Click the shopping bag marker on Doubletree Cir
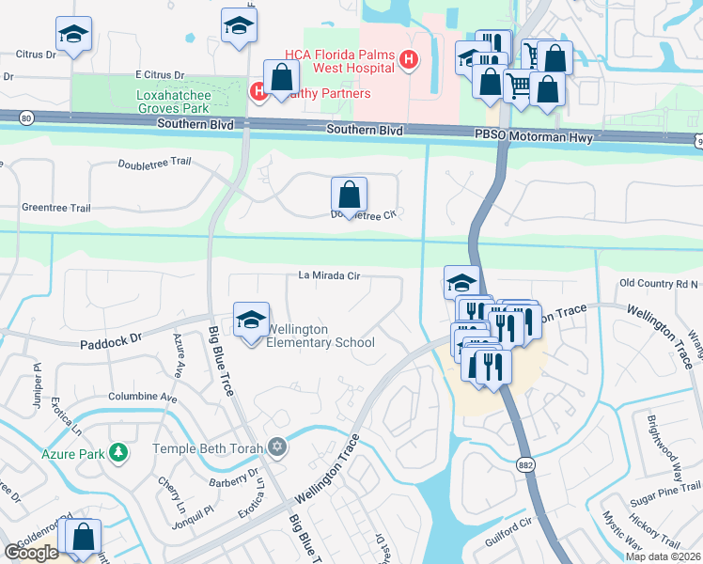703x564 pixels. click(x=349, y=196)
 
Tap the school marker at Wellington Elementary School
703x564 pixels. click(x=251, y=321)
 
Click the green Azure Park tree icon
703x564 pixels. click(x=118, y=453)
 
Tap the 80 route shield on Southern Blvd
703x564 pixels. click(x=26, y=117)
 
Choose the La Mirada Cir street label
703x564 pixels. click(x=329, y=275)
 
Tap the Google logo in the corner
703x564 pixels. click(x=30, y=553)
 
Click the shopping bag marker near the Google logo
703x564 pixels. click(x=83, y=538)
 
